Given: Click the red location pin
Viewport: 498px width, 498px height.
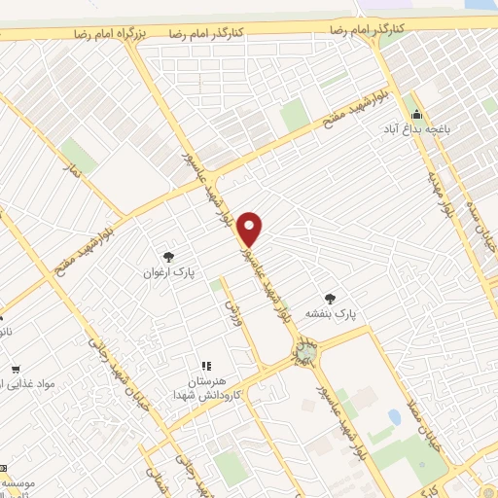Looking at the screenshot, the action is (x=251, y=228).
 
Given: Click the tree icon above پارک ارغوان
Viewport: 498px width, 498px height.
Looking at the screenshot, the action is (x=169, y=257).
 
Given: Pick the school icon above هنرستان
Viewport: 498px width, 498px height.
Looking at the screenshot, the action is (x=205, y=366).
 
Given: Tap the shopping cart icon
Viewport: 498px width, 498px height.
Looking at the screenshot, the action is (x=17, y=369).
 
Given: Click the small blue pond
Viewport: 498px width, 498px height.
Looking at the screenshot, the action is (x=394, y=416).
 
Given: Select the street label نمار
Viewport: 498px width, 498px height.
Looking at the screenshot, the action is (x=70, y=173).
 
